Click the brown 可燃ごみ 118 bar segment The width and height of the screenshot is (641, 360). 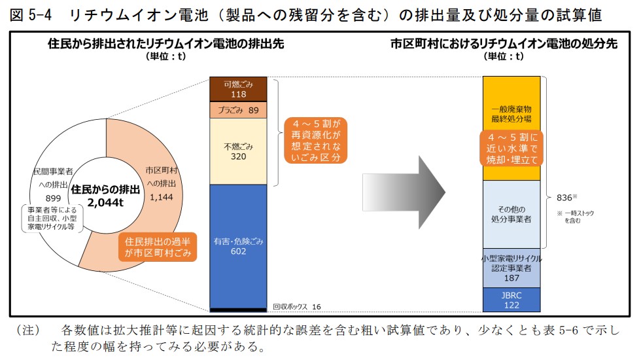click(238, 89)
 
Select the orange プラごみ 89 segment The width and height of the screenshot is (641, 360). click(238, 110)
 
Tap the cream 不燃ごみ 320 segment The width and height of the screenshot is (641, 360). click(238, 151)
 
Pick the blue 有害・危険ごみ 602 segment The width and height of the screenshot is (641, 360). click(238, 245)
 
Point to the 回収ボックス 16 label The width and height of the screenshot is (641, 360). click(297, 306)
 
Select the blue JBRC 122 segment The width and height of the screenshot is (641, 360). click(511, 300)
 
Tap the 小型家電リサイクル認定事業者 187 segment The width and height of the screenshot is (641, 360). click(511, 268)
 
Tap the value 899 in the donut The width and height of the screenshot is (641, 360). click(53, 197)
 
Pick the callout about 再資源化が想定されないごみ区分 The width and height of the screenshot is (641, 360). click(317, 140)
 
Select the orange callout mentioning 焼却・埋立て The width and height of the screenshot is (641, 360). click(511, 149)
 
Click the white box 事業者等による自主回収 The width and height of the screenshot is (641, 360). click(51, 219)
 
